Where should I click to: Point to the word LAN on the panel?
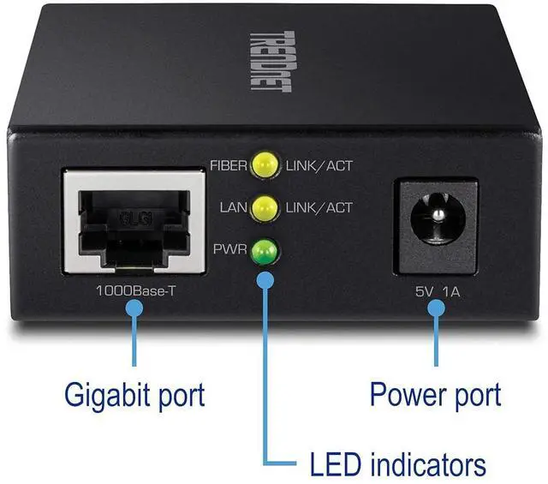coord(233,207)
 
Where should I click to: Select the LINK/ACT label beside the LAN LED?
coord(319,207)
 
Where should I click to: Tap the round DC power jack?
coord(436,224)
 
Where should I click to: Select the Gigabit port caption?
coord(134,395)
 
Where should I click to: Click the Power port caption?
coord(435,395)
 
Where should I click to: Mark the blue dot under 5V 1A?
coord(436,310)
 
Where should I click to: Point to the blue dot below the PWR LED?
coord(266,279)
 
